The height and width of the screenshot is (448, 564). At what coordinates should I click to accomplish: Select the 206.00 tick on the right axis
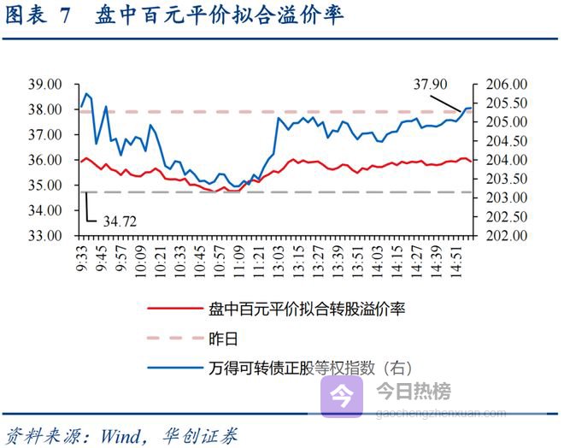(x=503, y=85)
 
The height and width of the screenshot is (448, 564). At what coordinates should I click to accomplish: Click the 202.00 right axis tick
(x=503, y=235)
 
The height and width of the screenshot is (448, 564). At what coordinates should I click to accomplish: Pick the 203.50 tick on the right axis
(x=503, y=179)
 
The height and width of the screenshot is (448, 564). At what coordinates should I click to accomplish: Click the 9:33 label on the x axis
(x=82, y=256)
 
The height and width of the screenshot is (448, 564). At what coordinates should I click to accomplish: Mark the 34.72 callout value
(x=120, y=221)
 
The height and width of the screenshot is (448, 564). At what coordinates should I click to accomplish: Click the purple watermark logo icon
(x=342, y=396)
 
